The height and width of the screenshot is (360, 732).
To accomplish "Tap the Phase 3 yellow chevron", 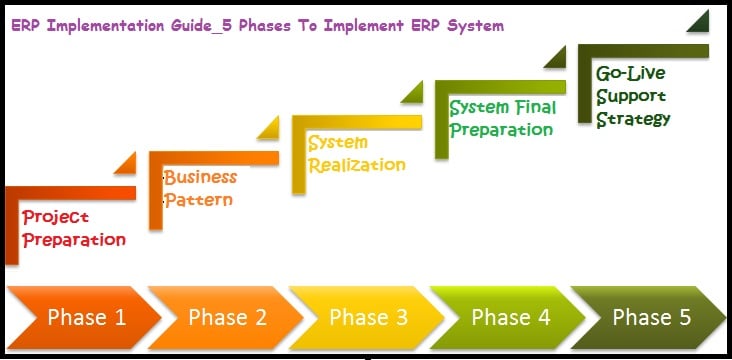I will coord(362,318).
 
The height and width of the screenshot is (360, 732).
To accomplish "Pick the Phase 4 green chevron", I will coord(504,318).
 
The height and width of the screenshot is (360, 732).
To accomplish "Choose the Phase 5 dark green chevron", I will coord(648,318).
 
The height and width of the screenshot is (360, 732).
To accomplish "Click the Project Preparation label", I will coord(74,228).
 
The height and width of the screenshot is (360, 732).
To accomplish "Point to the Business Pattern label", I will coord(200,188).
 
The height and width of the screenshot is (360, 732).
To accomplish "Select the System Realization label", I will coord(356,154).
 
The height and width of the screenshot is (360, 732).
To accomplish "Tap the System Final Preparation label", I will coord(501,118).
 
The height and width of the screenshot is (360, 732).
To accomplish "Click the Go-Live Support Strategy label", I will coord(633,96).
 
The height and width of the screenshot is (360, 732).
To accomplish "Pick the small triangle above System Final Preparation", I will coord(556,57).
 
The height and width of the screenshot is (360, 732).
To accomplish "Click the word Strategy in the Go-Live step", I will coord(633,119).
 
